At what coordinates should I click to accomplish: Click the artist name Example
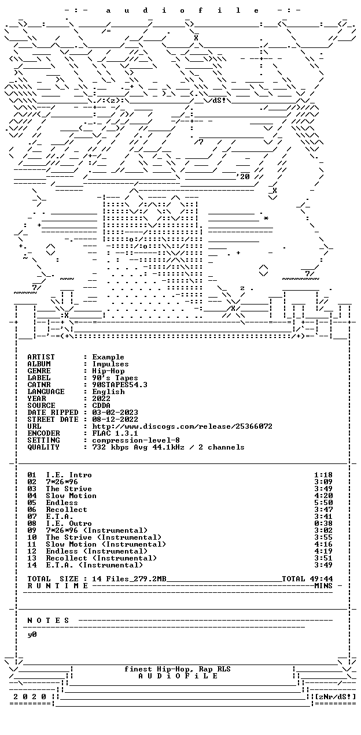pyautogui.click(x=108, y=357)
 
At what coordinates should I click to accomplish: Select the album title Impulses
pyautogui.click(x=110, y=364)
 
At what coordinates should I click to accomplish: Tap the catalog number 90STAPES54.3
pyautogui.click(x=120, y=385)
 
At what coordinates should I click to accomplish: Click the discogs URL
pyautogui.click(x=182, y=426)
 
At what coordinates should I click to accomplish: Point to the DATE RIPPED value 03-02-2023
pyautogui.click(x=115, y=413)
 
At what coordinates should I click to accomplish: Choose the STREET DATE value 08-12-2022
pyautogui.click(x=115, y=420)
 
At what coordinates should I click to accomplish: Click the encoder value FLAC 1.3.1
pyautogui.click(x=115, y=433)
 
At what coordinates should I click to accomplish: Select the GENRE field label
pyautogui.click(x=39, y=371)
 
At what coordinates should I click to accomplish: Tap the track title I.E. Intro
pyautogui.click(x=69, y=475)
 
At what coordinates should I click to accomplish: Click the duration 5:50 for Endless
pyautogui.click(x=323, y=503)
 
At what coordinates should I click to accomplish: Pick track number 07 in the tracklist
pyautogui.click(x=32, y=517)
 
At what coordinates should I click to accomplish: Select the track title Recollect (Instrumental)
pyautogui.click(x=101, y=558)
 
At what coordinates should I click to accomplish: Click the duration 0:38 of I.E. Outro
pyautogui.click(x=323, y=524)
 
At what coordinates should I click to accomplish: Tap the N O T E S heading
pyautogui.click(x=48, y=621)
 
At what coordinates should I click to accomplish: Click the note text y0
pyautogui.click(x=32, y=634)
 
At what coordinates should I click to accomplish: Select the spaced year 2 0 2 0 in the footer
pyautogui.click(x=30, y=697)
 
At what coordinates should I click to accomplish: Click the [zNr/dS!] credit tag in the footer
pyautogui.click(x=335, y=697)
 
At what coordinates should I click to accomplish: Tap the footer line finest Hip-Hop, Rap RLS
pyautogui.click(x=178, y=669)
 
